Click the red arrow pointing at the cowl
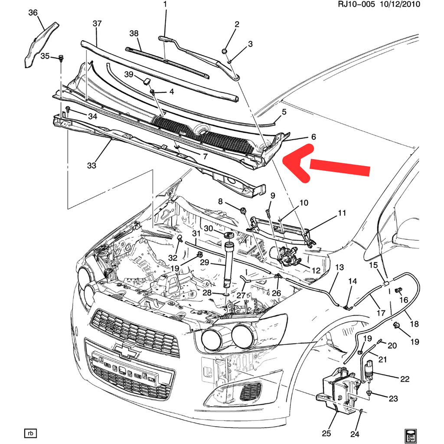(330, 165)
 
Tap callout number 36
(33, 13)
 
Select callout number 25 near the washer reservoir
(326, 433)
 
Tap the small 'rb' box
(30, 433)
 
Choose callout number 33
(91, 165)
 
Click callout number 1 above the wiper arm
(165, 5)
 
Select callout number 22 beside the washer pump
(405, 379)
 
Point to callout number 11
(343, 213)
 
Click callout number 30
(208, 229)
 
